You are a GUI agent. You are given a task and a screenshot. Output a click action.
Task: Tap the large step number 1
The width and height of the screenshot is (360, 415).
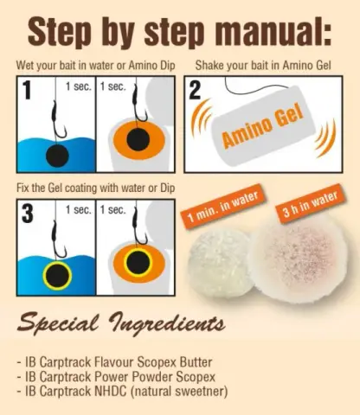tap(27, 90)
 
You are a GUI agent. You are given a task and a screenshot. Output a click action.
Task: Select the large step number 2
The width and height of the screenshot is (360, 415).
tap(195, 89)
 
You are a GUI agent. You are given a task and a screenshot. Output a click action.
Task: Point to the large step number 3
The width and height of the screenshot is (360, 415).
tap(27, 213)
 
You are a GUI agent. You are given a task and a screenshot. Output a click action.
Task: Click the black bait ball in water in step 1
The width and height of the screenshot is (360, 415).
tap(57, 156)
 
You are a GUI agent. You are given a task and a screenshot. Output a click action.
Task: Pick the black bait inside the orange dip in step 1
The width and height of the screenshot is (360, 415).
tap(138, 140)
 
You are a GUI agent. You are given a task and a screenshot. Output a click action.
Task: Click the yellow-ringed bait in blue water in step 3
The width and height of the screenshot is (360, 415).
tap(57, 276)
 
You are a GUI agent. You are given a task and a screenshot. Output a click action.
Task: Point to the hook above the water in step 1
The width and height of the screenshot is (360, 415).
tap(59, 120)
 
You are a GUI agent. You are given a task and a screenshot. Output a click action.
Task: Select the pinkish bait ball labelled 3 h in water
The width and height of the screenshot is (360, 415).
tap(299, 265)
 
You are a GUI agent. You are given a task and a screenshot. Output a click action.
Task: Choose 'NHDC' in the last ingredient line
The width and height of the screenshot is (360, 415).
tap(111, 391)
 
